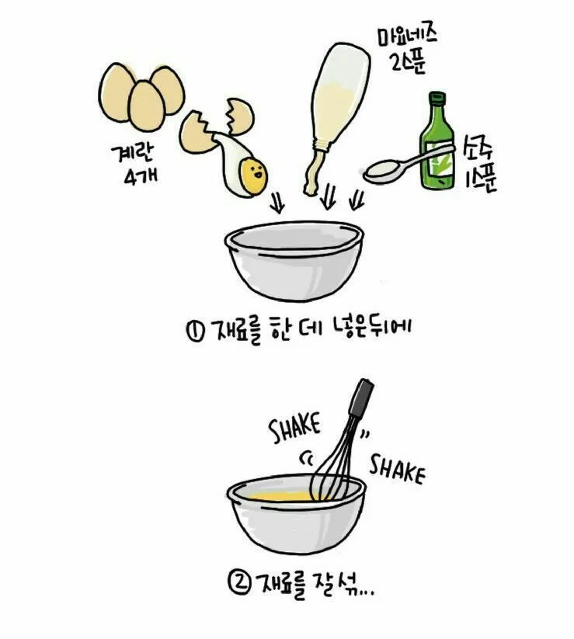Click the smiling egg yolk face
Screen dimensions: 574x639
[x=252, y=175]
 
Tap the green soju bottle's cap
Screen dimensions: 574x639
[x=437, y=98]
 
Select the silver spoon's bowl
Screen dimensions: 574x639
[x=382, y=172]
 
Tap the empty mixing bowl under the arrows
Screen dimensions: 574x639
[x=294, y=260]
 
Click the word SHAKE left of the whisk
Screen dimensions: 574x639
[x=294, y=429]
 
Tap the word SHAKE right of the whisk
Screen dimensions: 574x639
[x=397, y=469]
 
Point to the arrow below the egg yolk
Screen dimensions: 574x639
[x=278, y=202]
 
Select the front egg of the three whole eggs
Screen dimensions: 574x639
[x=146, y=106]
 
